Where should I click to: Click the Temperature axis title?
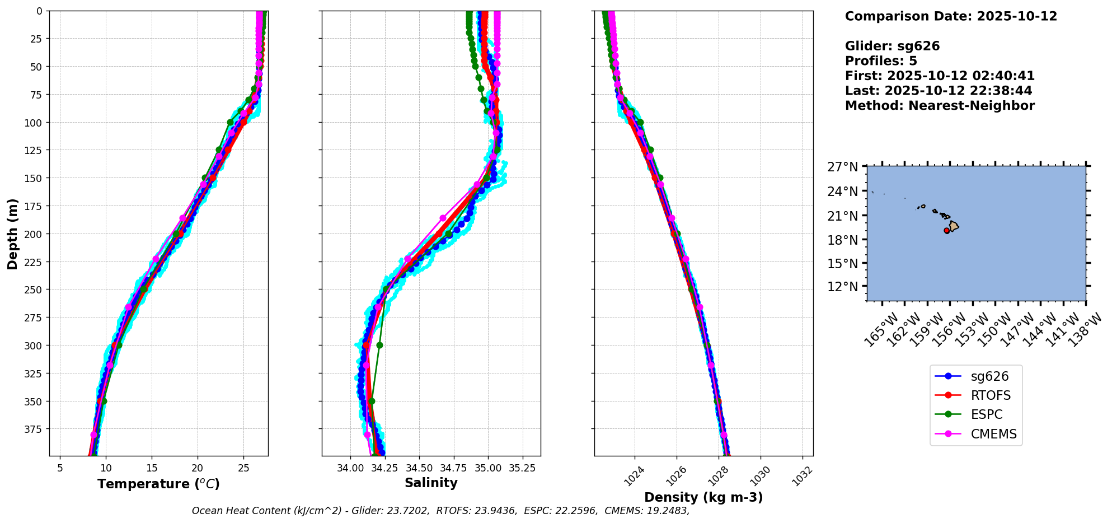pyautogui.click(x=158, y=484)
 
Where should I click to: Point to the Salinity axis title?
pyautogui.click(x=431, y=483)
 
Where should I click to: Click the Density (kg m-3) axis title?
pyautogui.click(x=703, y=497)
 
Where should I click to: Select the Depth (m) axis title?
pyautogui.click(x=13, y=234)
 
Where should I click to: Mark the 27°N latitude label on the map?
pyautogui.click(x=843, y=167)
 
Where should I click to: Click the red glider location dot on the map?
pyautogui.click(x=947, y=231)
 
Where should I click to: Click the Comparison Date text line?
pyautogui.click(x=951, y=16)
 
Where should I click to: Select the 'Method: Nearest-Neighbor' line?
pyautogui.click(x=940, y=105)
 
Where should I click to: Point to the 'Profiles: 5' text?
pyautogui.click(x=881, y=61)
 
